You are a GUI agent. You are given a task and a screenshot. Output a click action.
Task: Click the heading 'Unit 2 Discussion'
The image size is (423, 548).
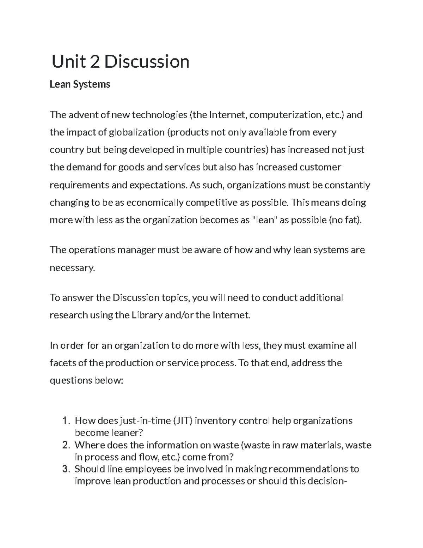(121, 62)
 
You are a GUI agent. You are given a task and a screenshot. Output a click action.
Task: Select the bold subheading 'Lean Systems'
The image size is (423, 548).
(80, 84)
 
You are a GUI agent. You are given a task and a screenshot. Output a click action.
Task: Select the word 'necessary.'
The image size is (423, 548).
(72, 268)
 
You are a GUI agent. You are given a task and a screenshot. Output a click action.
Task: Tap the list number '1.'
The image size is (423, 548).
(67, 421)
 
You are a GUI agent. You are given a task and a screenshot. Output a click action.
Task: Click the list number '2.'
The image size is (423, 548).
(67, 445)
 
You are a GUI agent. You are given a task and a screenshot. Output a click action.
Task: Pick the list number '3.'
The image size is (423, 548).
(67, 469)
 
